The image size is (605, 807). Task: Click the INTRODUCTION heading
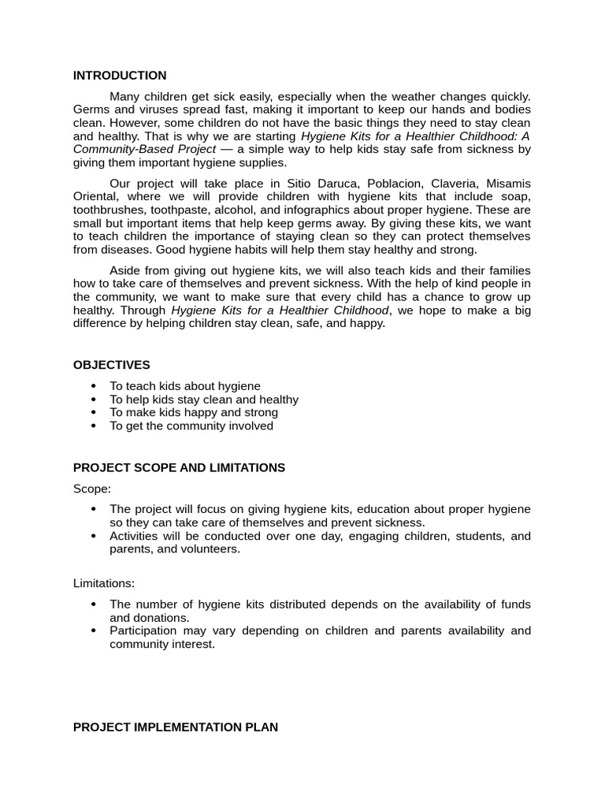(x=120, y=76)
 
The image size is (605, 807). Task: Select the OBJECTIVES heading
(x=111, y=365)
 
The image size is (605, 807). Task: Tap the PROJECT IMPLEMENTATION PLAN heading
(x=175, y=727)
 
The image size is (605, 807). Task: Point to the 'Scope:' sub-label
(x=92, y=489)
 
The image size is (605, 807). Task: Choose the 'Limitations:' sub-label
(x=104, y=584)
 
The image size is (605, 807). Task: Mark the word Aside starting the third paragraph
(x=124, y=270)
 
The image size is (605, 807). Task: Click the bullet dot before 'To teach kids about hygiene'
(x=94, y=386)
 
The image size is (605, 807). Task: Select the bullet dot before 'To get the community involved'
(x=94, y=426)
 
